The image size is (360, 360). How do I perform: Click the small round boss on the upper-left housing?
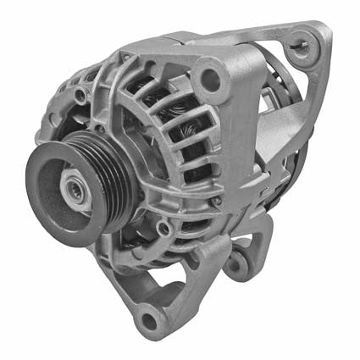click(x=80, y=96)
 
